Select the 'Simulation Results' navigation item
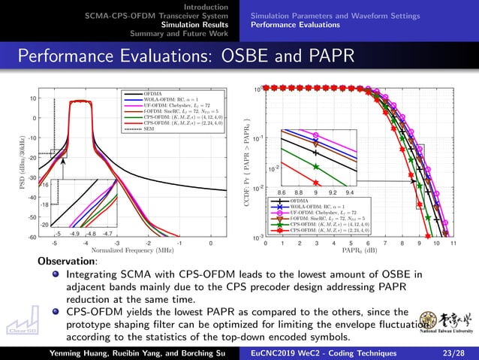pos(197,24)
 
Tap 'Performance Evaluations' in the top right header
pos(295,24)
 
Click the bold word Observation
pos(68,261)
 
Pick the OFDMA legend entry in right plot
pos(300,201)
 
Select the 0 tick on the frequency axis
pos(211,243)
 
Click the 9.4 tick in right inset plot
pos(350,192)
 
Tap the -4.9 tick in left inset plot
pos(74,234)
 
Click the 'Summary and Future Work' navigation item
pos(179,33)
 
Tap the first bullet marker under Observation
pos(56,275)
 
